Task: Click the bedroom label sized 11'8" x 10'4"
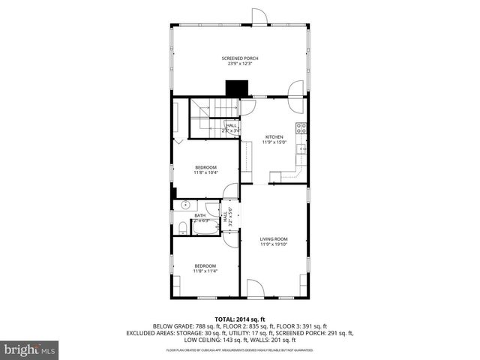point(205,169)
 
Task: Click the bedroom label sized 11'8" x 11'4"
point(205,268)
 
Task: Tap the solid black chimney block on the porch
point(238,88)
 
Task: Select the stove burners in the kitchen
point(301,128)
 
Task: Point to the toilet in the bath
point(183,227)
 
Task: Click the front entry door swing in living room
point(255,289)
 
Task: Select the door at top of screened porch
point(259,16)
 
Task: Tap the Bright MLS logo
point(29,349)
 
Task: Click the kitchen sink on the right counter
point(303,149)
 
